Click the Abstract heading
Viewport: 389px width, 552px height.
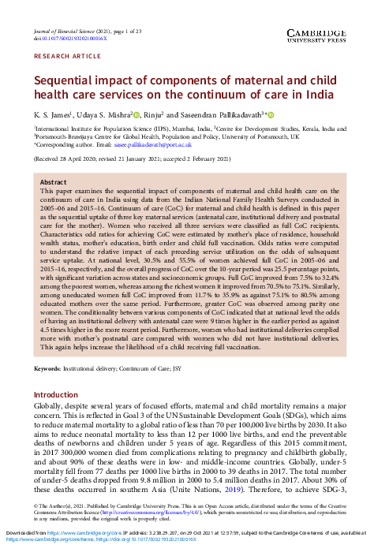tap(54, 181)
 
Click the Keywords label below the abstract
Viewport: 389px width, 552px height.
tap(47, 369)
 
